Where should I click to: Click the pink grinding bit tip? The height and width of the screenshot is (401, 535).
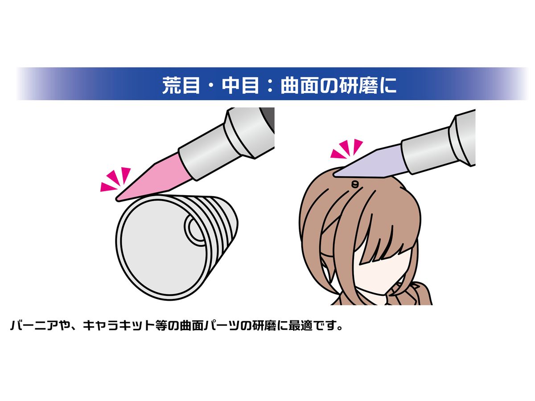tap(118, 199)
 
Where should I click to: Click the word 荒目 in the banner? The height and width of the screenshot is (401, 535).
tap(181, 85)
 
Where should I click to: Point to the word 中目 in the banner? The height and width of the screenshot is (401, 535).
tap(240, 85)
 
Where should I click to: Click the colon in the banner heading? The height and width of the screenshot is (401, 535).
tap(269, 85)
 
